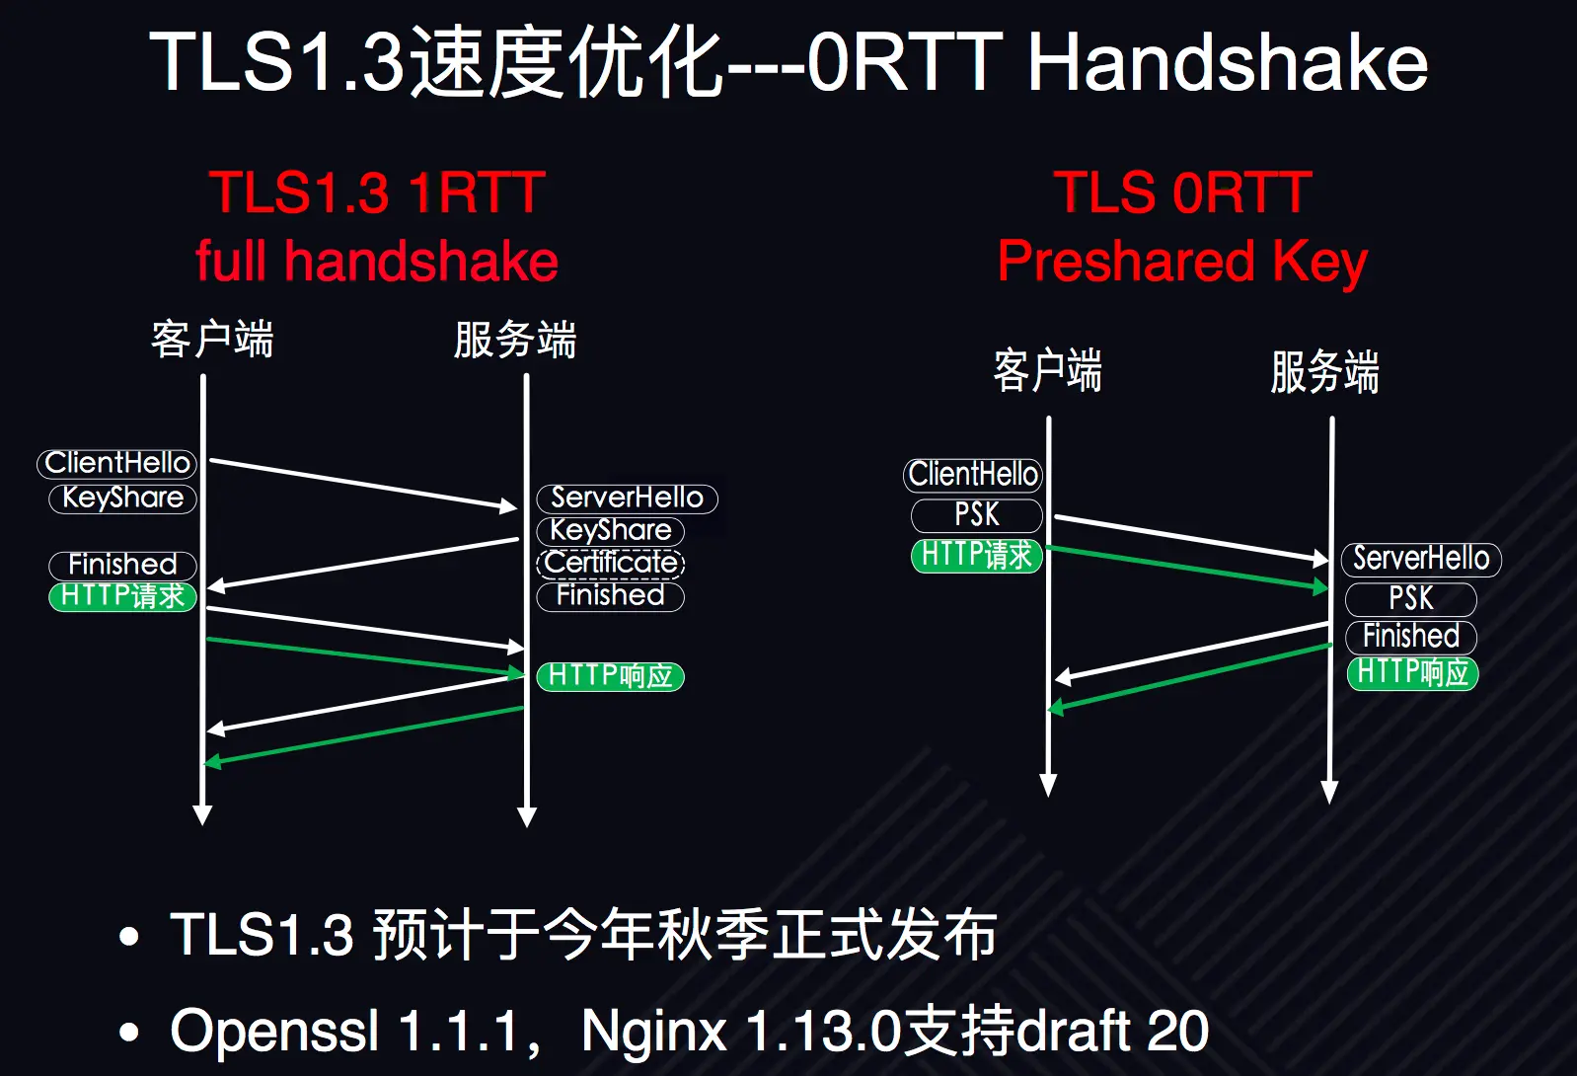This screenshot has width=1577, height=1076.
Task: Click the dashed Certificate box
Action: pyautogui.click(x=611, y=563)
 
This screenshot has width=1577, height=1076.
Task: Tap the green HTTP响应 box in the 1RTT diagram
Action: pyautogui.click(x=610, y=676)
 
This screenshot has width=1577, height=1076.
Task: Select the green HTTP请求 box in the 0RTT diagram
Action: pyautogui.click(x=976, y=555)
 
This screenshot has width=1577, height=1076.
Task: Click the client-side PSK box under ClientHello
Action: pyautogui.click(x=976, y=515)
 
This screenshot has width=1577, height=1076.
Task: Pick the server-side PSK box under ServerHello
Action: pyautogui.click(x=1411, y=598)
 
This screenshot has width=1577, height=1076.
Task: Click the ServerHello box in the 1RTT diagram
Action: pyautogui.click(x=627, y=498)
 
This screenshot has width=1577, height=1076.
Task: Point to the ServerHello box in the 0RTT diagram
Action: pyautogui.click(x=1421, y=559)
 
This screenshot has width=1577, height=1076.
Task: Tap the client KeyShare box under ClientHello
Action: pyautogui.click(x=122, y=498)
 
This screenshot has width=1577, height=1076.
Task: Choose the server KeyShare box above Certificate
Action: pyautogui.click(x=610, y=530)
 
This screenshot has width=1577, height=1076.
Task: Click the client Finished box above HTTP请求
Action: pyautogui.click(x=122, y=565)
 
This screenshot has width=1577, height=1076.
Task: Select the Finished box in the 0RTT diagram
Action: pyautogui.click(x=1411, y=636)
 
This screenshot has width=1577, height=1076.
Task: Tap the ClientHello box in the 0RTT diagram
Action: pyautogui.click(x=973, y=475)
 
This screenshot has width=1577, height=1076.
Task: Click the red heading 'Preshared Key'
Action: pyautogui.click(x=1182, y=262)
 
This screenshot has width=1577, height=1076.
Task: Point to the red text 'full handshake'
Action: pyautogui.click(x=377, y=262)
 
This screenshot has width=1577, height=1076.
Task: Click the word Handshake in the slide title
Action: pyautogui.click(x=1228, y=63)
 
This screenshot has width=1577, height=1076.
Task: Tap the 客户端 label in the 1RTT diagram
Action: pyautogui.click(x=212, y=340)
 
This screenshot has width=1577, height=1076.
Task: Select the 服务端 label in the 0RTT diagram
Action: pyautogui.click(x=1324, y=372)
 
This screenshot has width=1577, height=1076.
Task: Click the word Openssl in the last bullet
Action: pyautogui.click(x=274, y=1031)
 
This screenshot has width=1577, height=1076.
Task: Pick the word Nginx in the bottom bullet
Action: pyautogui.click(x=653, y=1031)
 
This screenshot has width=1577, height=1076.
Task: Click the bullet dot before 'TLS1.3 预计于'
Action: pyautogui.click(x=128, y=936)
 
